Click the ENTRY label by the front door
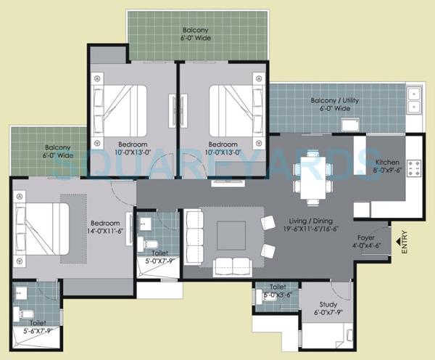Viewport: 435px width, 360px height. tap(404, 240)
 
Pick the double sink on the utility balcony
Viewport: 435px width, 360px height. tap(415, 100)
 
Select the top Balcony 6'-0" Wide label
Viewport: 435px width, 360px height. tap(196, 34)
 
